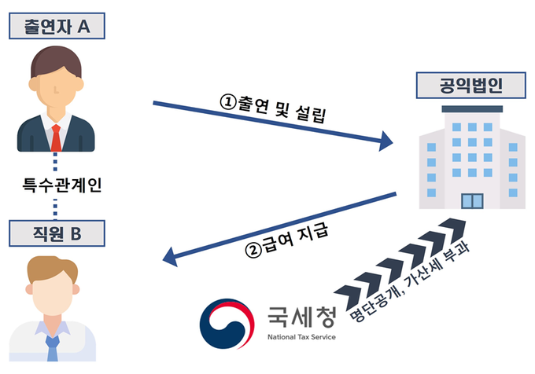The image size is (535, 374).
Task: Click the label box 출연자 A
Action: (x=55, y=28)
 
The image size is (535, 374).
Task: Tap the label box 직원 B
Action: (x=55, y=233)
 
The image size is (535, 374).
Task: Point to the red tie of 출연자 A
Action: (x=56, y=137)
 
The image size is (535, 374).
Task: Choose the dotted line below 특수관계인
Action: (x=55, y=208)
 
